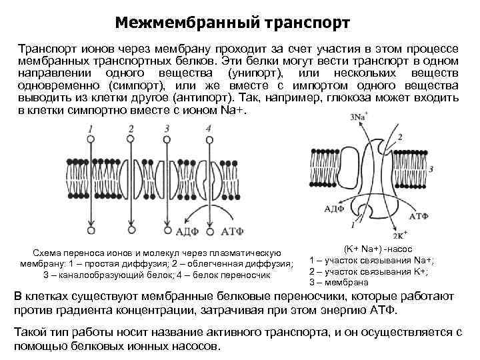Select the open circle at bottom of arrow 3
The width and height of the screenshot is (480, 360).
click(166, 231)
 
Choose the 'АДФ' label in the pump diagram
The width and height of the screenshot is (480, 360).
click(317, 208)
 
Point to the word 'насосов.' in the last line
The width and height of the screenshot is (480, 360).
click(198, 347)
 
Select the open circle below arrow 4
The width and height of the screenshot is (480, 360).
click(209, 230)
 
